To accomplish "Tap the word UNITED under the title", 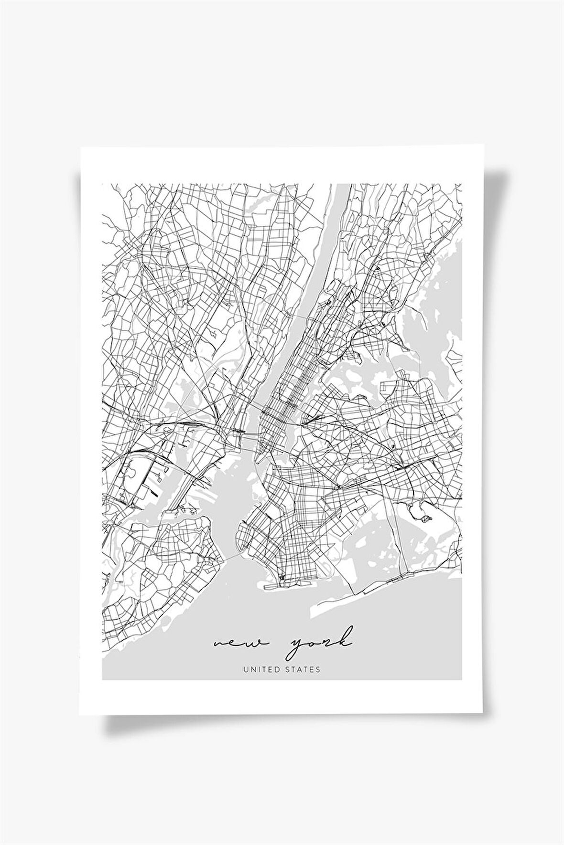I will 261,669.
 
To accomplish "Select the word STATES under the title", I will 302,669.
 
